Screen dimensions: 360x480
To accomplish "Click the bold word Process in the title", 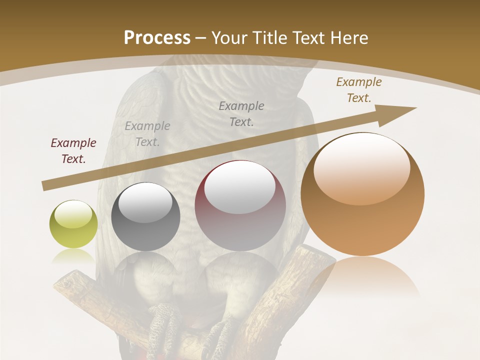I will [x=157, y=37].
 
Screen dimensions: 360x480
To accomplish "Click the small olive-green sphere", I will [x=73, y=224].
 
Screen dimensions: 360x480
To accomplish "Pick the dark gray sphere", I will [x=145, y=217].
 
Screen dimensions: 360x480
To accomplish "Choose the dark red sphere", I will [x=240, y=206].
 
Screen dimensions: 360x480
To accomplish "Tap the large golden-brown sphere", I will [x=362, y=194].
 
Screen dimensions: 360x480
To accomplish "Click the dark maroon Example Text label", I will [x=73, y=151].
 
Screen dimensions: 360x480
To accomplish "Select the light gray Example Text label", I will [x=147, y=134].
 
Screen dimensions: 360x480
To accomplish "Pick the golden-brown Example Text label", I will [x=359, y=90].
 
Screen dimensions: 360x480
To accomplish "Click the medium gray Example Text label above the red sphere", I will [x=241, y=113].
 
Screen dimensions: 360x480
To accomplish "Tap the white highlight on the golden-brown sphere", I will [x=362, y=167].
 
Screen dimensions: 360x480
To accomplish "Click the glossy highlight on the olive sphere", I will [x=73, y=214].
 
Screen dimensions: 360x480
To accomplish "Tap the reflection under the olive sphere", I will [x=73, y=255].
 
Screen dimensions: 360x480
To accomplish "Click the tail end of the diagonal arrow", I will [x=45, y=186].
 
